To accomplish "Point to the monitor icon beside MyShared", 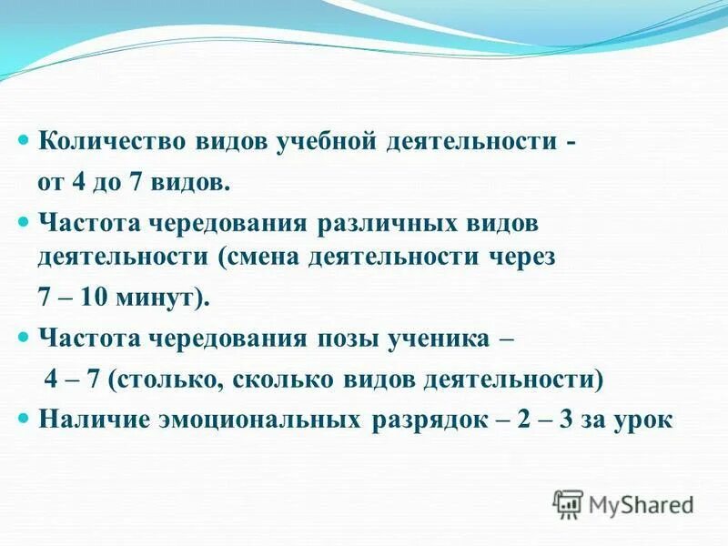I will pyautogui.click(x=568, y=503).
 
